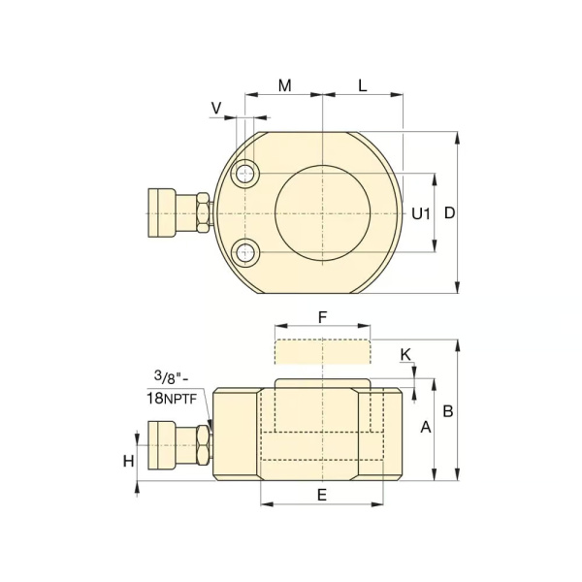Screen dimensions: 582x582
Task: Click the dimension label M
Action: coord(284,85)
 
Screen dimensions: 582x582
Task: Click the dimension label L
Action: coord(363,85)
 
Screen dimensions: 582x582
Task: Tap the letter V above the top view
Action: coord(216,108)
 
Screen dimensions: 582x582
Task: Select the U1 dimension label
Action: coord(421,213)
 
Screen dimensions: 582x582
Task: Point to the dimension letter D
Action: coord(449,213)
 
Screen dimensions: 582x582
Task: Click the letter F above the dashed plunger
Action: coord(323,317)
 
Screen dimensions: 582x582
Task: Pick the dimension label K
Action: coord(405,355)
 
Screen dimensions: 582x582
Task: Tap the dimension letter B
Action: coord(448,411)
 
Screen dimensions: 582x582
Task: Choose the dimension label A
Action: coord(426,427)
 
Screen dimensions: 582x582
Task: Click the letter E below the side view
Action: coord(322,495)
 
